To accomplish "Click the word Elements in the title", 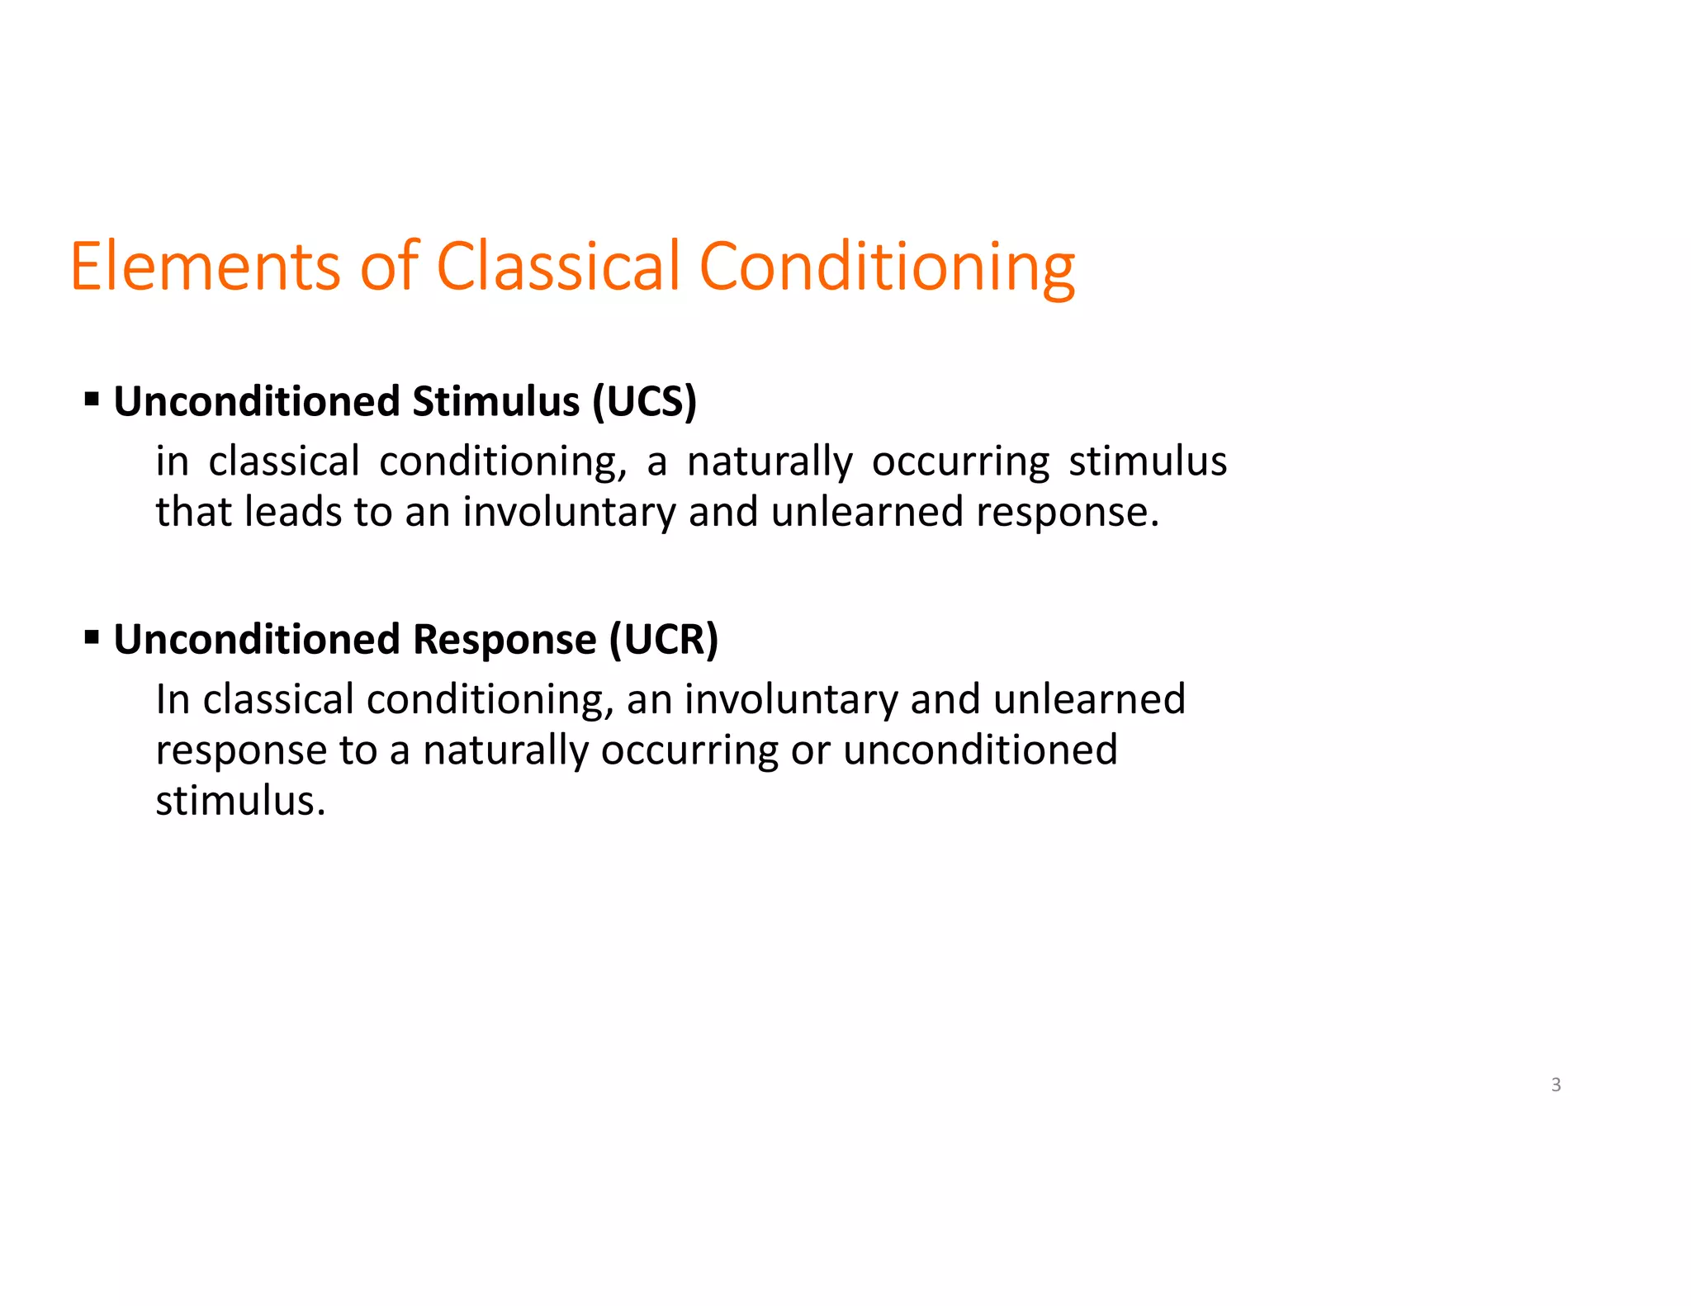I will pos(205,266).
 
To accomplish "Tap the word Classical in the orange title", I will pos(558,266).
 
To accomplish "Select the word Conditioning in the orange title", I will pos(887,266).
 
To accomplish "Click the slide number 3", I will pos(1556,1085).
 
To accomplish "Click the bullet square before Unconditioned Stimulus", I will pos(92,401).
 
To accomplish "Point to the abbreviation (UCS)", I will pos(644,402).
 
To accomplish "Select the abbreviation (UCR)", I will pos(664,640).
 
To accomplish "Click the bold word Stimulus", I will pos(495,402).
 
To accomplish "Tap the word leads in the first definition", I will pos(293,512).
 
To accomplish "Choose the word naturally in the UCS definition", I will pos(770,461).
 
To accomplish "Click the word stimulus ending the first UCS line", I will pos(1148,461).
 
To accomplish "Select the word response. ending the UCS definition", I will pos(1068,512).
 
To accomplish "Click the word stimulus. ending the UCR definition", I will pos(240,801).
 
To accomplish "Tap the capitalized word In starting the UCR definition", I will pos(173,699).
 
